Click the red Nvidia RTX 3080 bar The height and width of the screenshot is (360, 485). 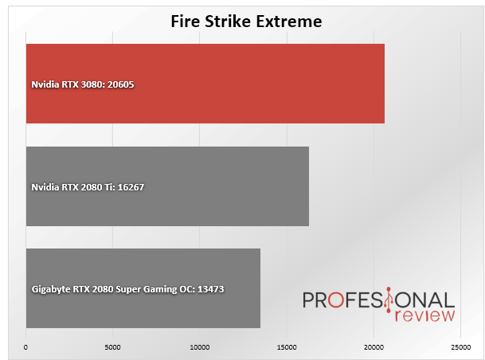tap(205, 84)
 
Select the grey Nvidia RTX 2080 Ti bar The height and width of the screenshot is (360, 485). tap(168, 186)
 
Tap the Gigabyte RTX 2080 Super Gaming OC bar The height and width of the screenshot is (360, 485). tap(143, 288)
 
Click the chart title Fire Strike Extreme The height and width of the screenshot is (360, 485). tap(247, 22)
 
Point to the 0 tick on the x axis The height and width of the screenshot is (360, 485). tap(25, 347)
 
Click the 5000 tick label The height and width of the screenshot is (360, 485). tap(112, 347)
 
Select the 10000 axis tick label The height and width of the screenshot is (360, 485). tap(200, 347)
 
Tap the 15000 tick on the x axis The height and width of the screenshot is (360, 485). tap(287, 347)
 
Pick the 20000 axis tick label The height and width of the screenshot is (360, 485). tap(374, 347)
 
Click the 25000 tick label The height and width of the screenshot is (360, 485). tap(461, 347)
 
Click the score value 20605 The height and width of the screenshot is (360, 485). tap(120, 84)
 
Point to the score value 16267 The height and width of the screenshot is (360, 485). tap(131, 187)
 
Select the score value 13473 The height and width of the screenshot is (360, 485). tap(210, 289)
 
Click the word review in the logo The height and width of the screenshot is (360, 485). tap(424, 315)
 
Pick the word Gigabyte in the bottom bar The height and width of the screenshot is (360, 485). tap(51, 289)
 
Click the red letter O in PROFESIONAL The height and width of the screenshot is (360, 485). tap(335, 300)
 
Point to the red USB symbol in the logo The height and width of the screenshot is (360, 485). tap(389, 300)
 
